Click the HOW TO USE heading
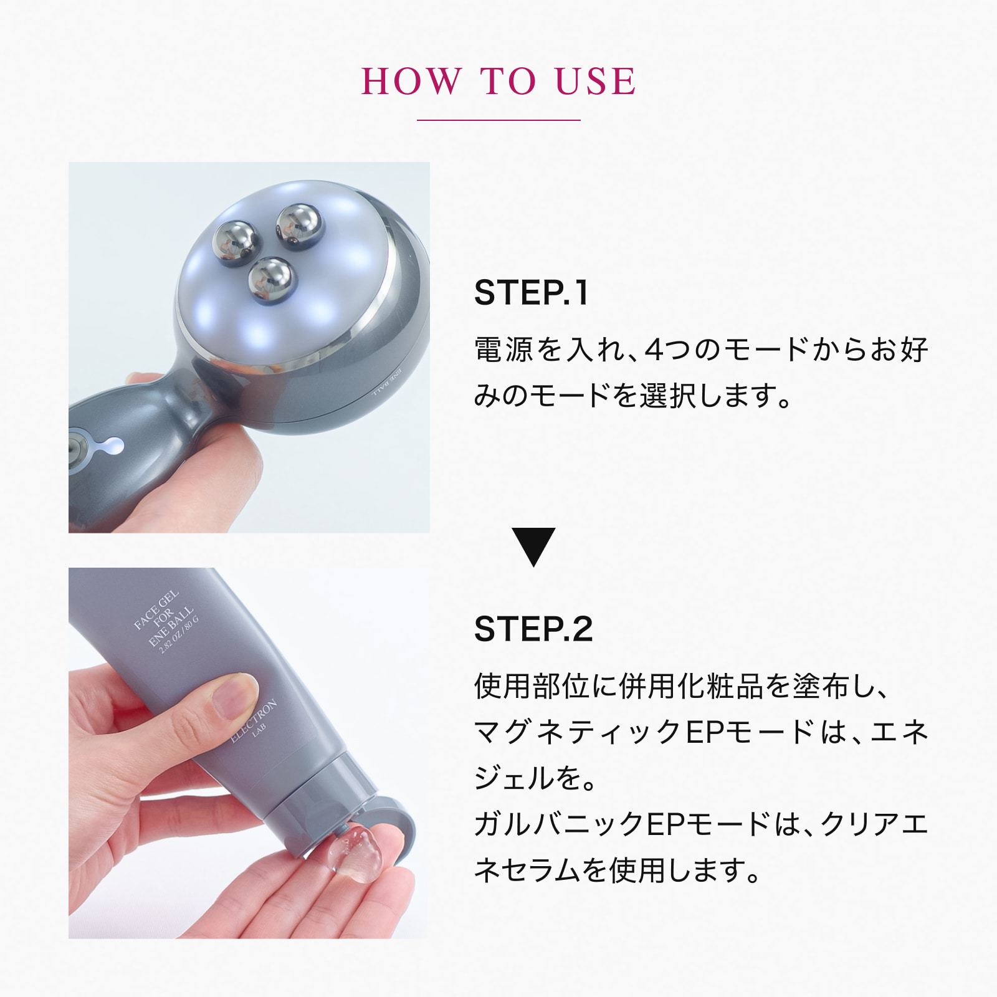499,81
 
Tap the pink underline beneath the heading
499,120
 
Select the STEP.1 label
531,293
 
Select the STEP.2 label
533,629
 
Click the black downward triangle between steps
533,547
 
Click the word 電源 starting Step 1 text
503,350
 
